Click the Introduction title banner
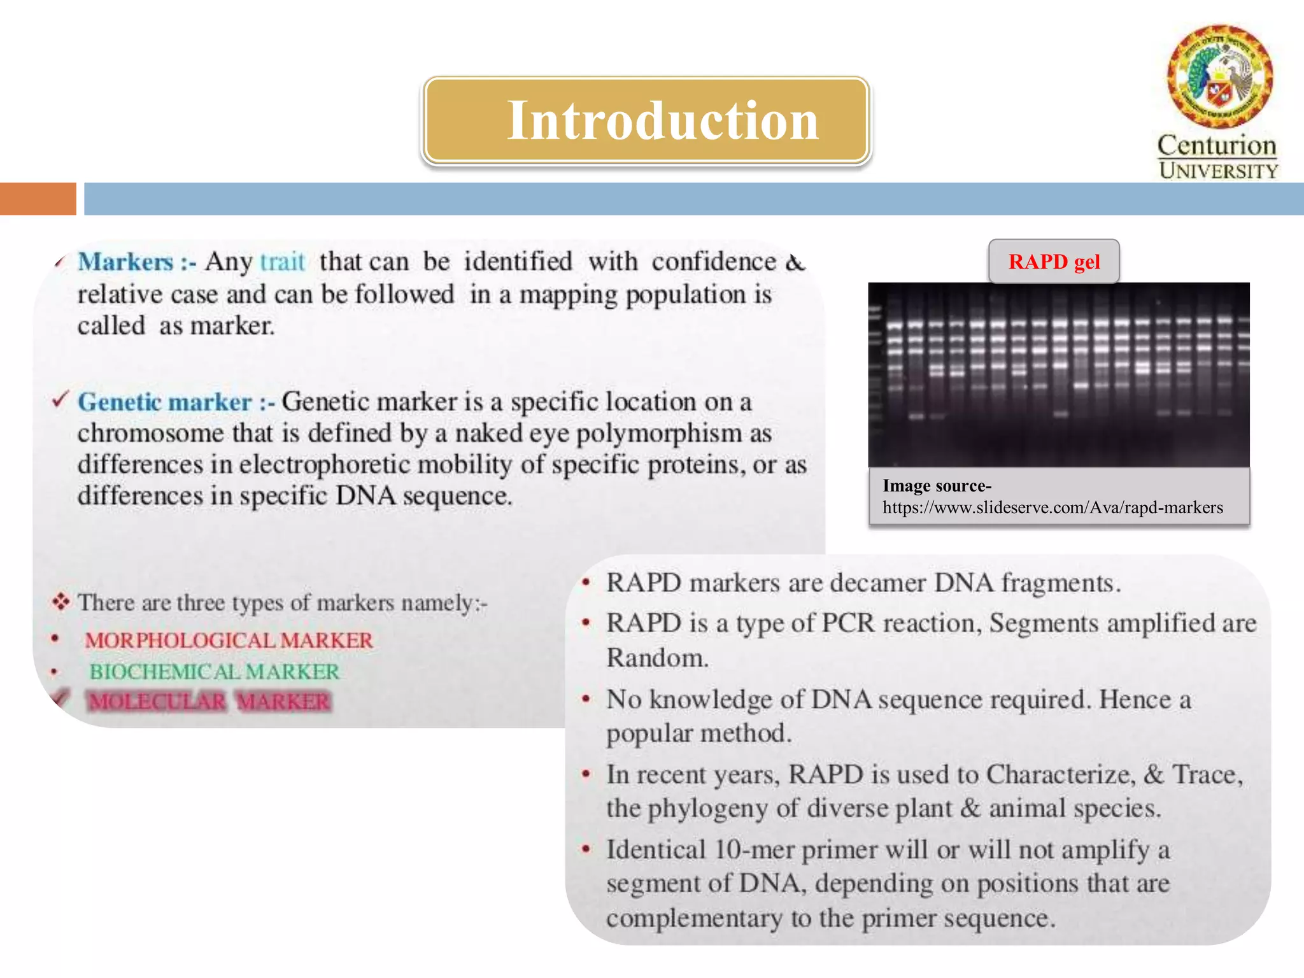[646, 120]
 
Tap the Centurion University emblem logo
[1219, 76]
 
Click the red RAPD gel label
[1054, 262]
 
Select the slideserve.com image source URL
[1052, 507]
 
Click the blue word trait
[282, 262]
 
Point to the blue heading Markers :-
[136, 262]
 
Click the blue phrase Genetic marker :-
[176, 402]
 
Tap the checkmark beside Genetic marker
[60, 400]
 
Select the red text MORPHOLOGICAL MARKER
[229, 640]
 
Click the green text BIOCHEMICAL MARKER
[215, 671]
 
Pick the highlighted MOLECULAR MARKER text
[209, 701]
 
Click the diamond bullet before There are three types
[60, 601]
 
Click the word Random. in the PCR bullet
[657, 658]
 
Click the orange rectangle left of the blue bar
[38, 199]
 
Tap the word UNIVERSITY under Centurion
[1218, 171]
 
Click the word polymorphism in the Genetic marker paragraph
[659, 434]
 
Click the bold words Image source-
[937, 486]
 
